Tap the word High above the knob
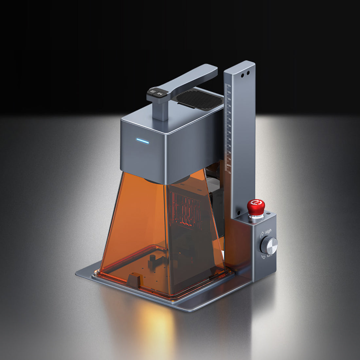(268, 231)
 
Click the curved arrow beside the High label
(262, 235)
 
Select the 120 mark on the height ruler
(229, 86)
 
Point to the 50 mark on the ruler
(229, 133)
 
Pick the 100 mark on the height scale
(229, 99)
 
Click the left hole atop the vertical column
(243, 75)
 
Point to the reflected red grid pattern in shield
(187, 209)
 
